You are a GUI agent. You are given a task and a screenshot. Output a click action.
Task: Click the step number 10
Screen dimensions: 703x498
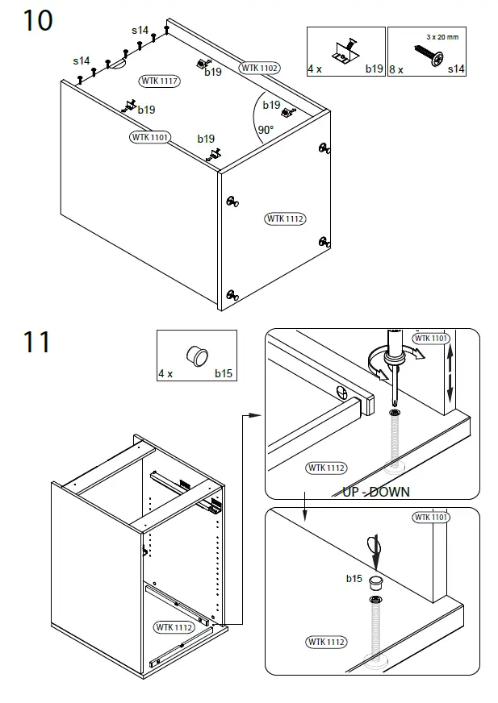[x=37, y=20]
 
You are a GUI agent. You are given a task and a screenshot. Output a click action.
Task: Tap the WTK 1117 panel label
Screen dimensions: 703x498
[x=160, y=81]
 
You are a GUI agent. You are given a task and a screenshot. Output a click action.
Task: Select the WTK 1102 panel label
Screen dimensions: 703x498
[x=259, y=69]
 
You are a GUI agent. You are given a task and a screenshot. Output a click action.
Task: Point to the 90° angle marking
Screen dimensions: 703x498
[x=266, y=129]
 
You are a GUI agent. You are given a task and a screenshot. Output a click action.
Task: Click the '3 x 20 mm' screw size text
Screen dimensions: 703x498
[x=442, y=37]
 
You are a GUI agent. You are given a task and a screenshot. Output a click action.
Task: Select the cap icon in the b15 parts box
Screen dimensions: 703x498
[x=196, y=354]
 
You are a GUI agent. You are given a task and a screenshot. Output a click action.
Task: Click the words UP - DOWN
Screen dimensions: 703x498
[x=376, y=492]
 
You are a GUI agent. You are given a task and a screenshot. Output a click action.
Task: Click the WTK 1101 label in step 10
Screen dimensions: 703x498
[x=150, y=137]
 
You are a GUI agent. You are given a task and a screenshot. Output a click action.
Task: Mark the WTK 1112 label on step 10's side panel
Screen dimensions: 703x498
[x=285, y=218]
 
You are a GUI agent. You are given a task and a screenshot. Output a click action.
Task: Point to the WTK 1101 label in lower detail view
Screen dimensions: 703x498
[x=431, y=517]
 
